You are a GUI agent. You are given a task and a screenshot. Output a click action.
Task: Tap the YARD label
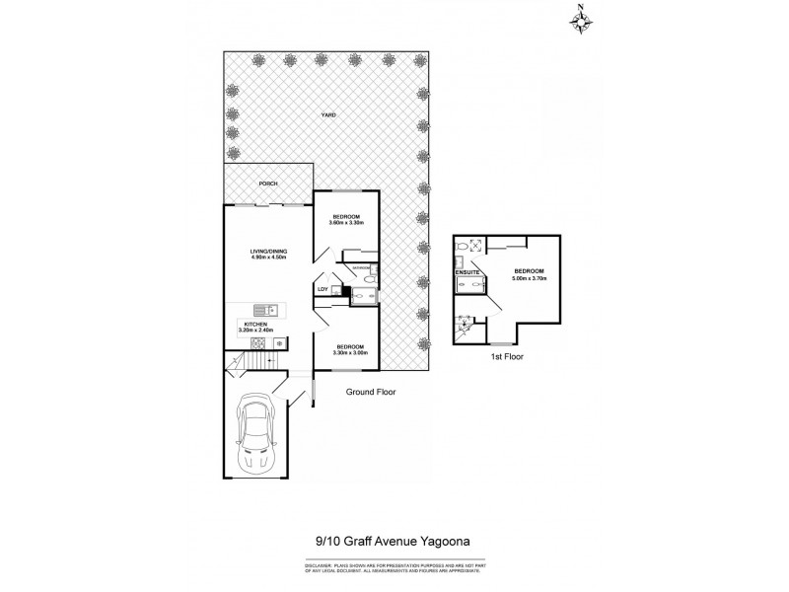[x=328, y=115]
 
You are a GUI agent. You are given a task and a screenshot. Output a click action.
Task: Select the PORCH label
[x=266, y=184]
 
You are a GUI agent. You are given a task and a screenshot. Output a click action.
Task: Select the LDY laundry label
[x=322, y=288]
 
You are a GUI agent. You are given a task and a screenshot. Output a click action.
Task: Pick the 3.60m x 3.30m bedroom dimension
[x=346, y=223]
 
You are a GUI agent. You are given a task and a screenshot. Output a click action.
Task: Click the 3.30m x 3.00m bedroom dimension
[x=349, y=352]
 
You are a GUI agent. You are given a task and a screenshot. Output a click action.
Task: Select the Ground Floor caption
[x=369, y=392]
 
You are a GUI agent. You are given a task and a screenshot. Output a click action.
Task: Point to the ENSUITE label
[x=466, y=270]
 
